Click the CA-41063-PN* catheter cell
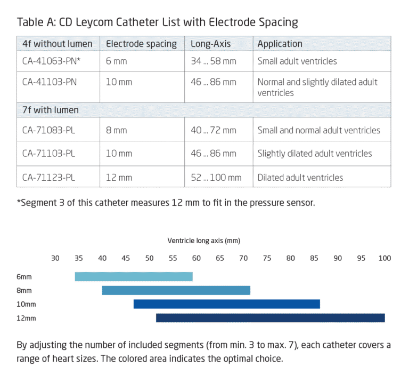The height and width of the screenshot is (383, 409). tap(51, 61)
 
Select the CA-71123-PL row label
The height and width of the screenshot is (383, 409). tap(48, 178)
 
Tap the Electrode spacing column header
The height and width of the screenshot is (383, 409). tap(141, 44)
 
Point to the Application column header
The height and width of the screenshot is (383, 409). tap(280, 44)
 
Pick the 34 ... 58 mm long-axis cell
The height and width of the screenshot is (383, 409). tap(213, 61)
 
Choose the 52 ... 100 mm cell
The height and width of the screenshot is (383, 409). tap(216, 178)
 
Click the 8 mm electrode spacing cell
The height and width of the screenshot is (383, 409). tap(116, 131)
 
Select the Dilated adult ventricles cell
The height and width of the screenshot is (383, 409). tap(300, 178)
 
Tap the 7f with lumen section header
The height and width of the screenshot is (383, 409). tap(51, 110)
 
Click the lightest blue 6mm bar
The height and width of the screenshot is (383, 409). tap(133, 276)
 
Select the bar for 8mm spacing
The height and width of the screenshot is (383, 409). tap(176, 290)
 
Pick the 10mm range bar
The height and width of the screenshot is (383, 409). tap(226, 304)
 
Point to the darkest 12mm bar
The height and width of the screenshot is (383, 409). tap(270, 318)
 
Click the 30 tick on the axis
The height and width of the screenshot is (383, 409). tap(55, 258)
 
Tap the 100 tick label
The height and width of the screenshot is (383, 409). tap(384, 258)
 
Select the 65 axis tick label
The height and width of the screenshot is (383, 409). tap(219, 258)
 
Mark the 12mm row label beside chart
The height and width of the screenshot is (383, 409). tap(26, 318)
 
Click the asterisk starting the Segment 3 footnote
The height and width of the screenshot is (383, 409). tap(19, 202)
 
